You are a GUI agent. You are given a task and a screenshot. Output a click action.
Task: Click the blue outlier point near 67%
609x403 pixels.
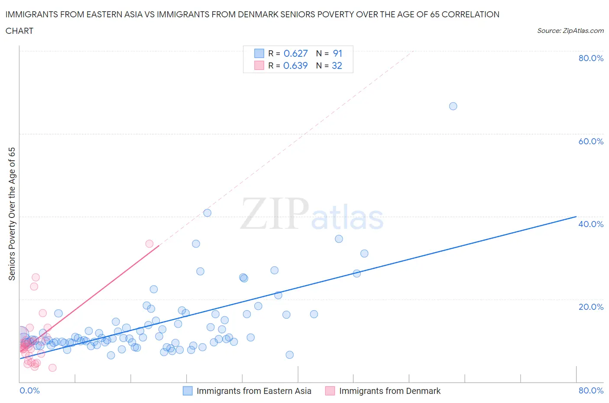click(x=453, y=106)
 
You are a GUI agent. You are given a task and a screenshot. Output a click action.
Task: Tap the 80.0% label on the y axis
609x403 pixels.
click(x=591, y=58)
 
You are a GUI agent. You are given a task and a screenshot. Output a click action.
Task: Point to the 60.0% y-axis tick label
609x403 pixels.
click(x=591, y=141)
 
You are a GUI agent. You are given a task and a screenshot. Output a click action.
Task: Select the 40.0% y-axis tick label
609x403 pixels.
click(x=591, y=224)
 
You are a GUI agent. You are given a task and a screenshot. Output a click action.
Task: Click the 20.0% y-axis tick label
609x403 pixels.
click(x=591, y=307)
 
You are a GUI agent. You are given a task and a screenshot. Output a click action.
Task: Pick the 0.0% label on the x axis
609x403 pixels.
click(x=29, y=390)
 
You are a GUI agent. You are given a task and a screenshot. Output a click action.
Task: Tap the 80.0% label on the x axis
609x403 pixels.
click(x=591, y=390)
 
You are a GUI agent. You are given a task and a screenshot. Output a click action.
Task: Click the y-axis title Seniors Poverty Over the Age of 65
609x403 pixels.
click(x=12, y=214)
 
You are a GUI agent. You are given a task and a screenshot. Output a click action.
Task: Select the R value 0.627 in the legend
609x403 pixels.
click(x=295, y=53)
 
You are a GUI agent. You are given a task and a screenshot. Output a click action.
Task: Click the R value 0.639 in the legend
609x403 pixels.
click(x=295, y=65)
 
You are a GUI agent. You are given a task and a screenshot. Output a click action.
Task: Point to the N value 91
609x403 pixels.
click(x=337, y=53)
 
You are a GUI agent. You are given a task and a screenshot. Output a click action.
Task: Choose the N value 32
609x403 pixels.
click(x=337, y=65)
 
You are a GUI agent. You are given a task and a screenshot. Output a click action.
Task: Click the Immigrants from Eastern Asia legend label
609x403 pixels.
click(x=254, y=391)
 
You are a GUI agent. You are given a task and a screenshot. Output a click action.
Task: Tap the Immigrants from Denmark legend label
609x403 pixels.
click(x=390, y=391)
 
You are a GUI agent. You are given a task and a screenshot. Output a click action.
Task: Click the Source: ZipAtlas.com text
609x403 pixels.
click(x=570, y=30)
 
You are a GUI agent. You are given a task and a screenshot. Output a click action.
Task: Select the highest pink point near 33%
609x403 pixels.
click(x=149, y=244)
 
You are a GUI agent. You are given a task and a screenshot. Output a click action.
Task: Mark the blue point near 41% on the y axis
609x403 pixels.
click(x=207, y=213)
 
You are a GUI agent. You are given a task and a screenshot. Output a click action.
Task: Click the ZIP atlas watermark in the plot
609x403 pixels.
click(x=312, y=214)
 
